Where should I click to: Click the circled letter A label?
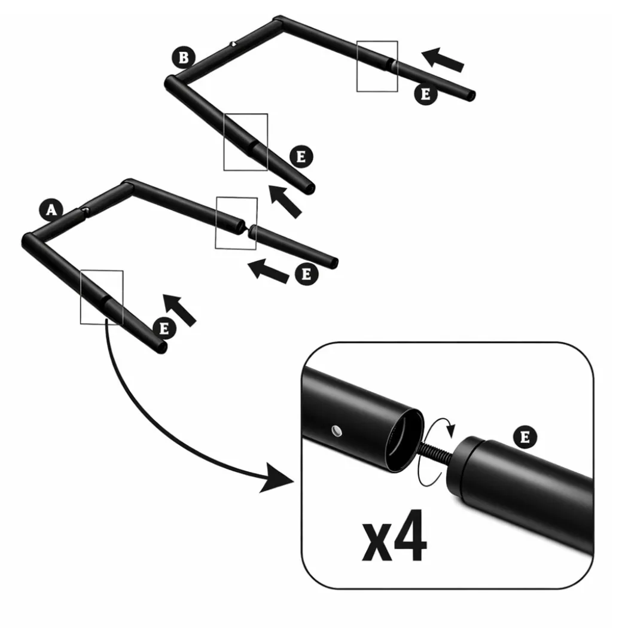click(51, 210)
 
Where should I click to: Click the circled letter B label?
click(184, 57)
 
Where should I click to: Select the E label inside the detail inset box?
click(525, 437)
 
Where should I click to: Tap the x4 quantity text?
click(395, 536)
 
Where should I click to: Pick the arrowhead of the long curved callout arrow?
click(276, 477)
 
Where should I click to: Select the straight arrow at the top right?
click(443, 60)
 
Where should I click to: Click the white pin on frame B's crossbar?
click(233, 44)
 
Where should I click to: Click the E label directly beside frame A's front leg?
click(164, 328)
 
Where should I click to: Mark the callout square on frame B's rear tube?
click(377, 66)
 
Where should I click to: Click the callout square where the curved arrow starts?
click(102, 297)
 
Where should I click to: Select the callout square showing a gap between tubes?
click(236, 223)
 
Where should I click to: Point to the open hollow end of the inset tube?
click(404, 441)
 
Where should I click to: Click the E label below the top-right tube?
click(425, 94)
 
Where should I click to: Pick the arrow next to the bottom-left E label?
click(179, 310)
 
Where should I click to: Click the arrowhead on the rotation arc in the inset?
click(452, 431)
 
